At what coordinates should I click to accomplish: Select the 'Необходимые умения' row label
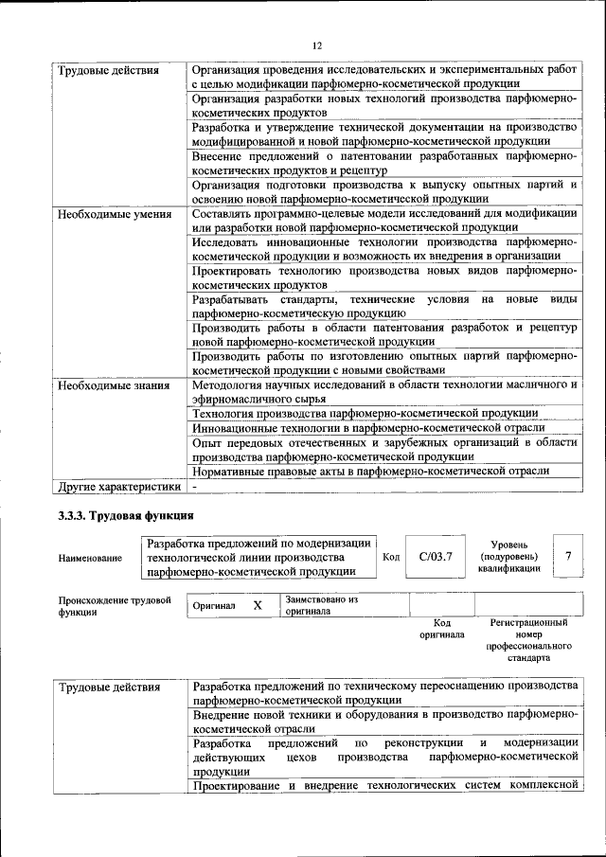click(115, 214)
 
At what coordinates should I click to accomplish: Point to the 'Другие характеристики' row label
click(118, 487)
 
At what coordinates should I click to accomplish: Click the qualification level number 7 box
click(568, 556)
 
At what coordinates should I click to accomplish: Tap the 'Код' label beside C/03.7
click(390, 557)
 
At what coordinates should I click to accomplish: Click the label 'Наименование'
click(90, 558)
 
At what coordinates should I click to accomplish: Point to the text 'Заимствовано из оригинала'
click(321, 605)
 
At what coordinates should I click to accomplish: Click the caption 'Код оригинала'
click(441, 629)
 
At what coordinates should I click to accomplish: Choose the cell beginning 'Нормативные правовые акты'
click(370, 472)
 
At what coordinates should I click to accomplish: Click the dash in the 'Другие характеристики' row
click(194, 487)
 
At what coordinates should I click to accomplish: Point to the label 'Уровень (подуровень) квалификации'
click(508, 557)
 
